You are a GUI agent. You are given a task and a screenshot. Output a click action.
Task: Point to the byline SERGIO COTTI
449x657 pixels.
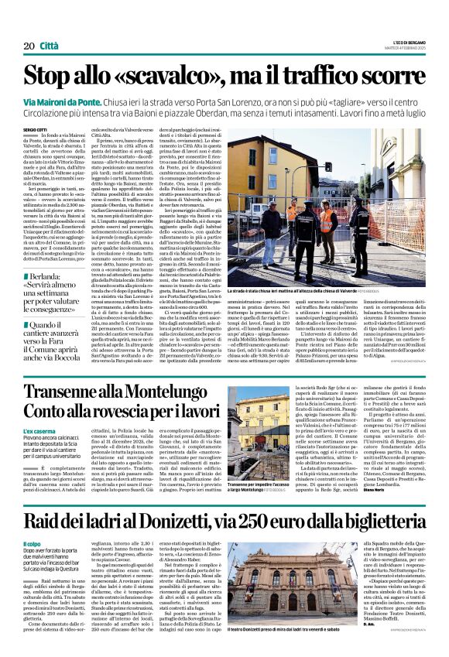coord(35,129)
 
